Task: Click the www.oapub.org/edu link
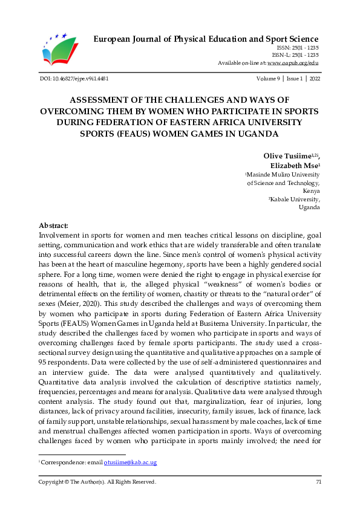[293, 63]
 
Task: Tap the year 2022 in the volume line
[315, 79]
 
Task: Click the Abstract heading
[53, 225]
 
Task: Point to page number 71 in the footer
[318, 482]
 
